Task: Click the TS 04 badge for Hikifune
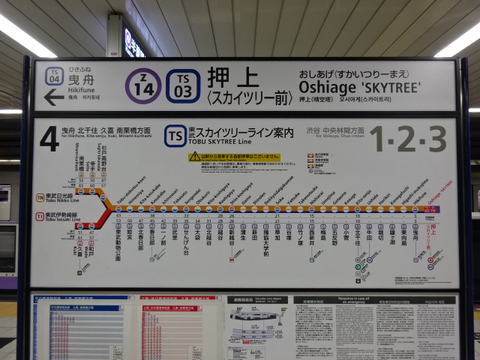pyautogui.click(x=53, y=76)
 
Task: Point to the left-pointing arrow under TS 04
pyautogui.click(x=54, y=97)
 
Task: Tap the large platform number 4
pyautogui.click(x=49, y=139)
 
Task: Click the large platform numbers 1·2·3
pyautogui.click(x=407, y=139)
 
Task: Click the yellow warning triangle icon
pyautogui.click(x=195, y=157)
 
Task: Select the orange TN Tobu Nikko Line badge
pyautogui.click(x=40, y=198)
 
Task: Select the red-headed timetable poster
pyautogui.click(x=178, y=330)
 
